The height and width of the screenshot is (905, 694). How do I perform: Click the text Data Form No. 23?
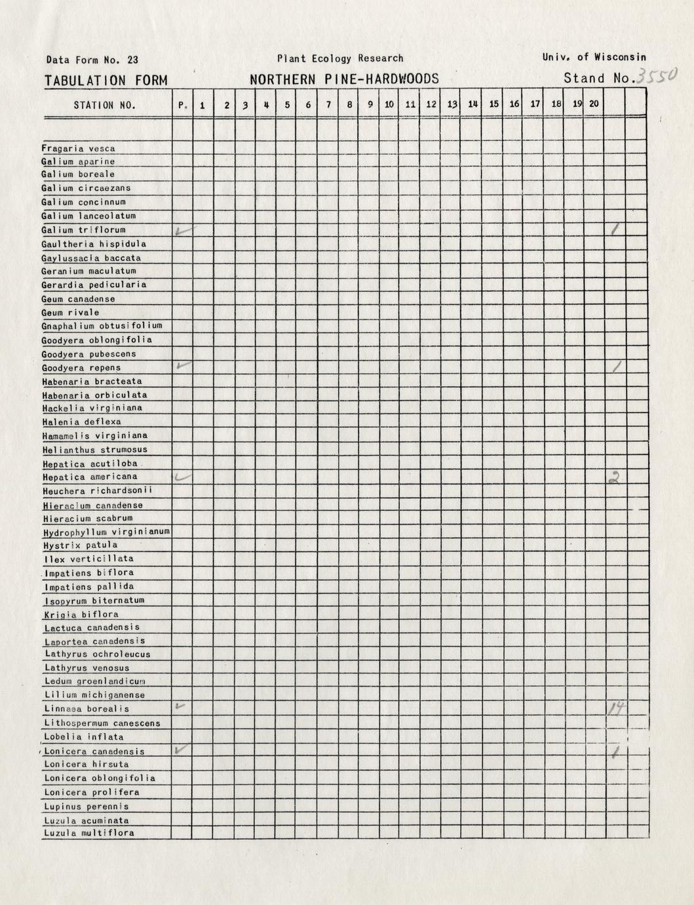tap(92, 60)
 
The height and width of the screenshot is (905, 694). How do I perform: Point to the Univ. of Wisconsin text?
tap(594, 58)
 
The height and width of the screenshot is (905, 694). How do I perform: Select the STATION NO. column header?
tap(105, 105)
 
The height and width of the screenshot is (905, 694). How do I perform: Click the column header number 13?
tap(452, 104)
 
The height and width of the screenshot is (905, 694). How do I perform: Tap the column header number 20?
tap(594, 104)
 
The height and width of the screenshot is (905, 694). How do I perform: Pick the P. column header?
tap(183, 105)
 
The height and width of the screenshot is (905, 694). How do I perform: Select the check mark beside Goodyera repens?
tap(183, 365)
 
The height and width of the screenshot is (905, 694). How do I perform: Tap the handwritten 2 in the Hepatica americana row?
tap(615, 478)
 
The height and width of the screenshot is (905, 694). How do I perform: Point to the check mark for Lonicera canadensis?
tap(183, 749)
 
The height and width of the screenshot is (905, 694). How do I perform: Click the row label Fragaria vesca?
tap(79, 149)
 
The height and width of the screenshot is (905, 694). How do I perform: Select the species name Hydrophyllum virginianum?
tap(107, 532)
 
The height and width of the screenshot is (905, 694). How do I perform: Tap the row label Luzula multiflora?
tap(89, 834)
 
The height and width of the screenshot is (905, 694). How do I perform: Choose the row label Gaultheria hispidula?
tap(94, 244)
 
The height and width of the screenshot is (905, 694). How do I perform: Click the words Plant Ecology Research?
tap(340, 58)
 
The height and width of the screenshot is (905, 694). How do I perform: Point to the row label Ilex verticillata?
tap(89, 559)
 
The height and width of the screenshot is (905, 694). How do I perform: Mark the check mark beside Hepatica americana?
tap(183, 477)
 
